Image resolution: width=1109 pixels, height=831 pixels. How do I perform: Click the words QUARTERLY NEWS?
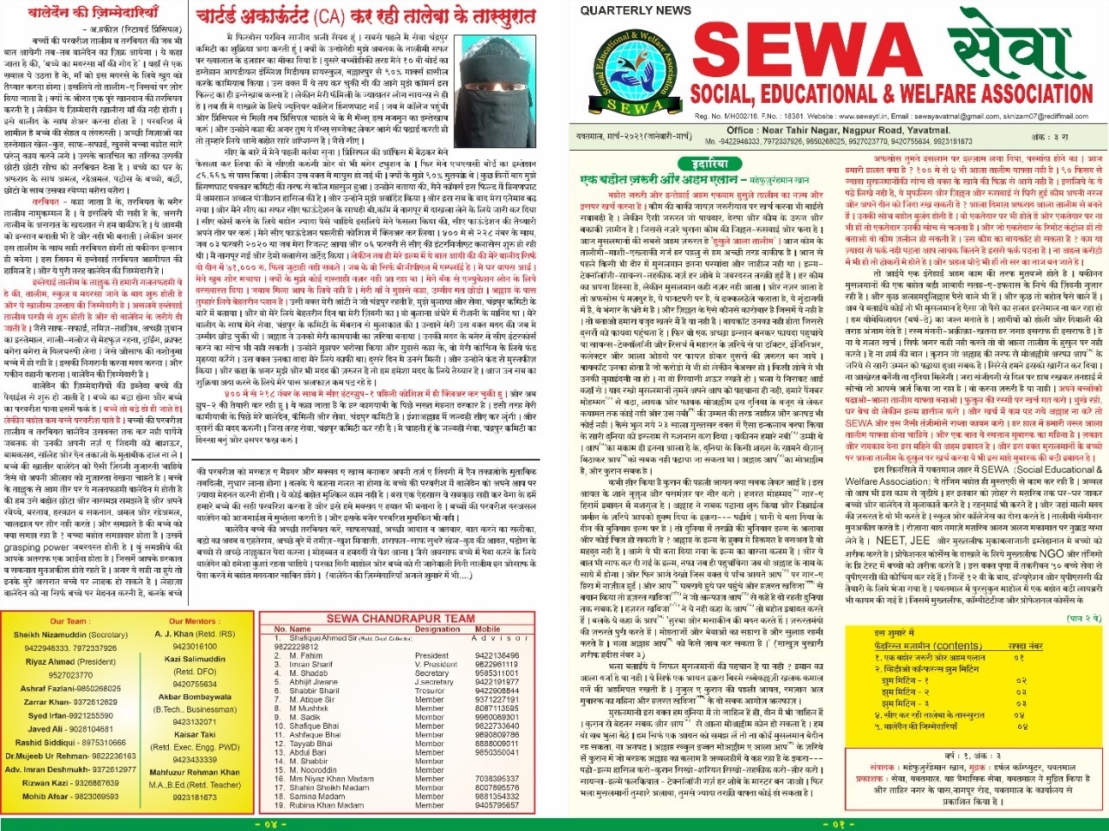pos(629,10)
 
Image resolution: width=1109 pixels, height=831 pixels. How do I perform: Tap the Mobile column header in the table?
pos(487,629)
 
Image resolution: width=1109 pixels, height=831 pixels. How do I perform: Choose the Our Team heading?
pos(68,621)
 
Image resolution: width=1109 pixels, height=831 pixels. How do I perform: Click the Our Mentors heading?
pos(194,621)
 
